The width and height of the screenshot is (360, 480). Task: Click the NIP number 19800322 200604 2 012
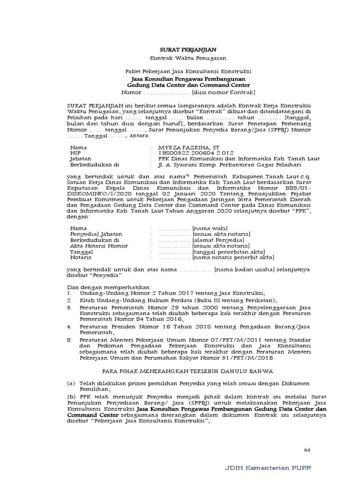(195, 153)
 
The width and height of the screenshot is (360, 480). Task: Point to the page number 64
(307, 450)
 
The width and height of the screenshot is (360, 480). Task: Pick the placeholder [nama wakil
(211, 228)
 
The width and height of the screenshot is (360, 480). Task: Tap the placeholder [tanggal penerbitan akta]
(228, 251)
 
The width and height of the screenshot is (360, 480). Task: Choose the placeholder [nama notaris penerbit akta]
(233, 257)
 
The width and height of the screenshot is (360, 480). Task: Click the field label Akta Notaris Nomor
(98, 246)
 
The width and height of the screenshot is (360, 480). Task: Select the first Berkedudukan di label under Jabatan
(95, 165)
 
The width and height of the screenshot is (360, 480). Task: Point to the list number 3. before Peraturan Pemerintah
(69, 307)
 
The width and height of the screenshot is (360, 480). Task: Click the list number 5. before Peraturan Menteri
(69, 339)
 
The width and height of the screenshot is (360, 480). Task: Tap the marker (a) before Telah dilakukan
(71, 383)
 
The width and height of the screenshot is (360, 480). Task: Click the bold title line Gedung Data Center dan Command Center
(188, 86)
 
